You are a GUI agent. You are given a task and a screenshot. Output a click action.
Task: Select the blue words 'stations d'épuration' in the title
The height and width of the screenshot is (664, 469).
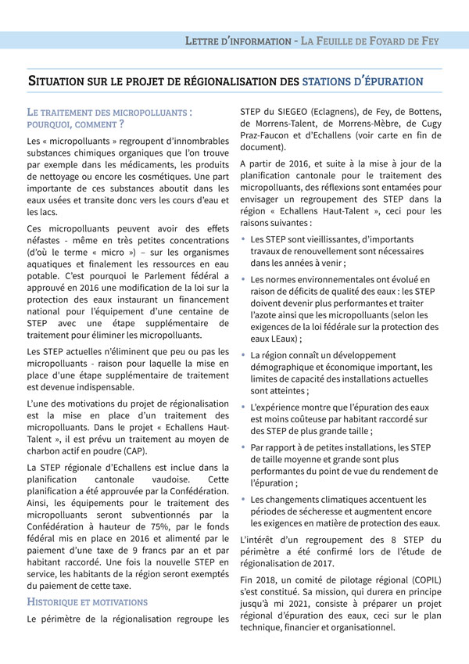pos(363,81)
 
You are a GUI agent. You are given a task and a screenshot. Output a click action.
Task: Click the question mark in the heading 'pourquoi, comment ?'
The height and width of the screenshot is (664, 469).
pos(121,124)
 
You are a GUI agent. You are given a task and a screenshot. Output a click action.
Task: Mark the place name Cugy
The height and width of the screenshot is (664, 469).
pos(429,123)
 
